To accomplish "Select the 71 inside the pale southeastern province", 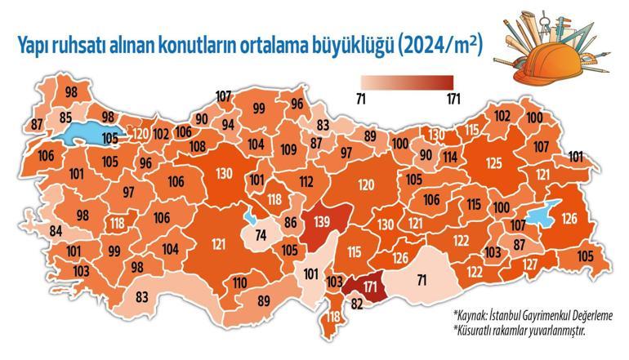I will pyautogui.click(x=422, y=281).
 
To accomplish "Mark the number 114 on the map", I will pyautogui.click(x=450, y=157).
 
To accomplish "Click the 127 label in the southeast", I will pyautogui.click(x=529, y=264).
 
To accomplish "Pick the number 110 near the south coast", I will pyautogui.click(x=239, y=283).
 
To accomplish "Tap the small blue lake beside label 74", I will pyautogui.click(x=249, y=219).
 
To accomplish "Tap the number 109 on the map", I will pyautogui.click(x=288, y=149).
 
